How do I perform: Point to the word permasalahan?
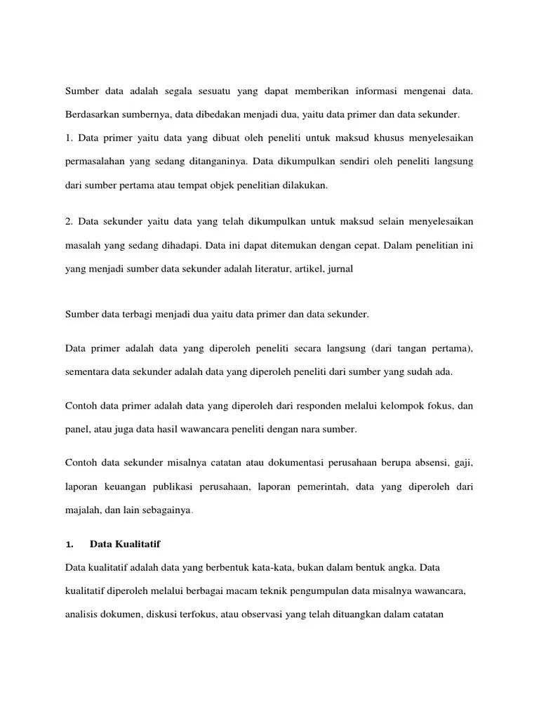[x=96, y=162]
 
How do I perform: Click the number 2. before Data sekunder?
[x=69, y=222]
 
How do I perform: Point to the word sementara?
[x=88, y=372]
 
